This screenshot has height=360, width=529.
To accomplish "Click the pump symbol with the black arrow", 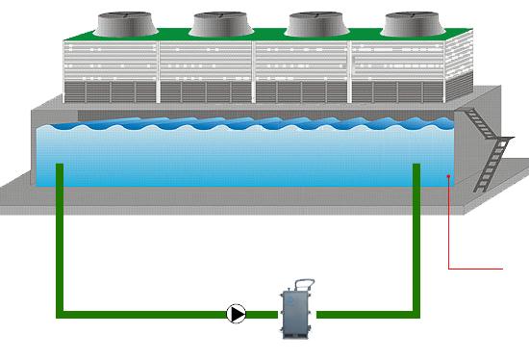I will click(x=237, y=313).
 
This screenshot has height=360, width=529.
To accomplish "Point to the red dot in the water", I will click(x=449, y=176).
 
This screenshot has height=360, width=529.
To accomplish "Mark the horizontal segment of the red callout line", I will click(x=476, y=268).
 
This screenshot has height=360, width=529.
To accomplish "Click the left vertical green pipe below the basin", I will click(x=60, y=250).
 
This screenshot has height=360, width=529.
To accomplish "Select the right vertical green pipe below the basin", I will click(x=416, y=250).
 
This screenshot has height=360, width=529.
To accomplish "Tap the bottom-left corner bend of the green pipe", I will click(x=61, y=313).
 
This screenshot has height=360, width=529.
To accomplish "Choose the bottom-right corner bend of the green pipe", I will click(x=416, y=313).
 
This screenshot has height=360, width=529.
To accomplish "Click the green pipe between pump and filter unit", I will click(x=263, y=313).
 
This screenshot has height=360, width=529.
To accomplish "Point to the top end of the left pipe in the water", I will click(x=60, y=166).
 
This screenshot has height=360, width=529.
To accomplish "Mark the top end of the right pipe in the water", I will click(x=416, y=166).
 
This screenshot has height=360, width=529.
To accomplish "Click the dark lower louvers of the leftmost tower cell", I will click(x=111, y=91).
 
